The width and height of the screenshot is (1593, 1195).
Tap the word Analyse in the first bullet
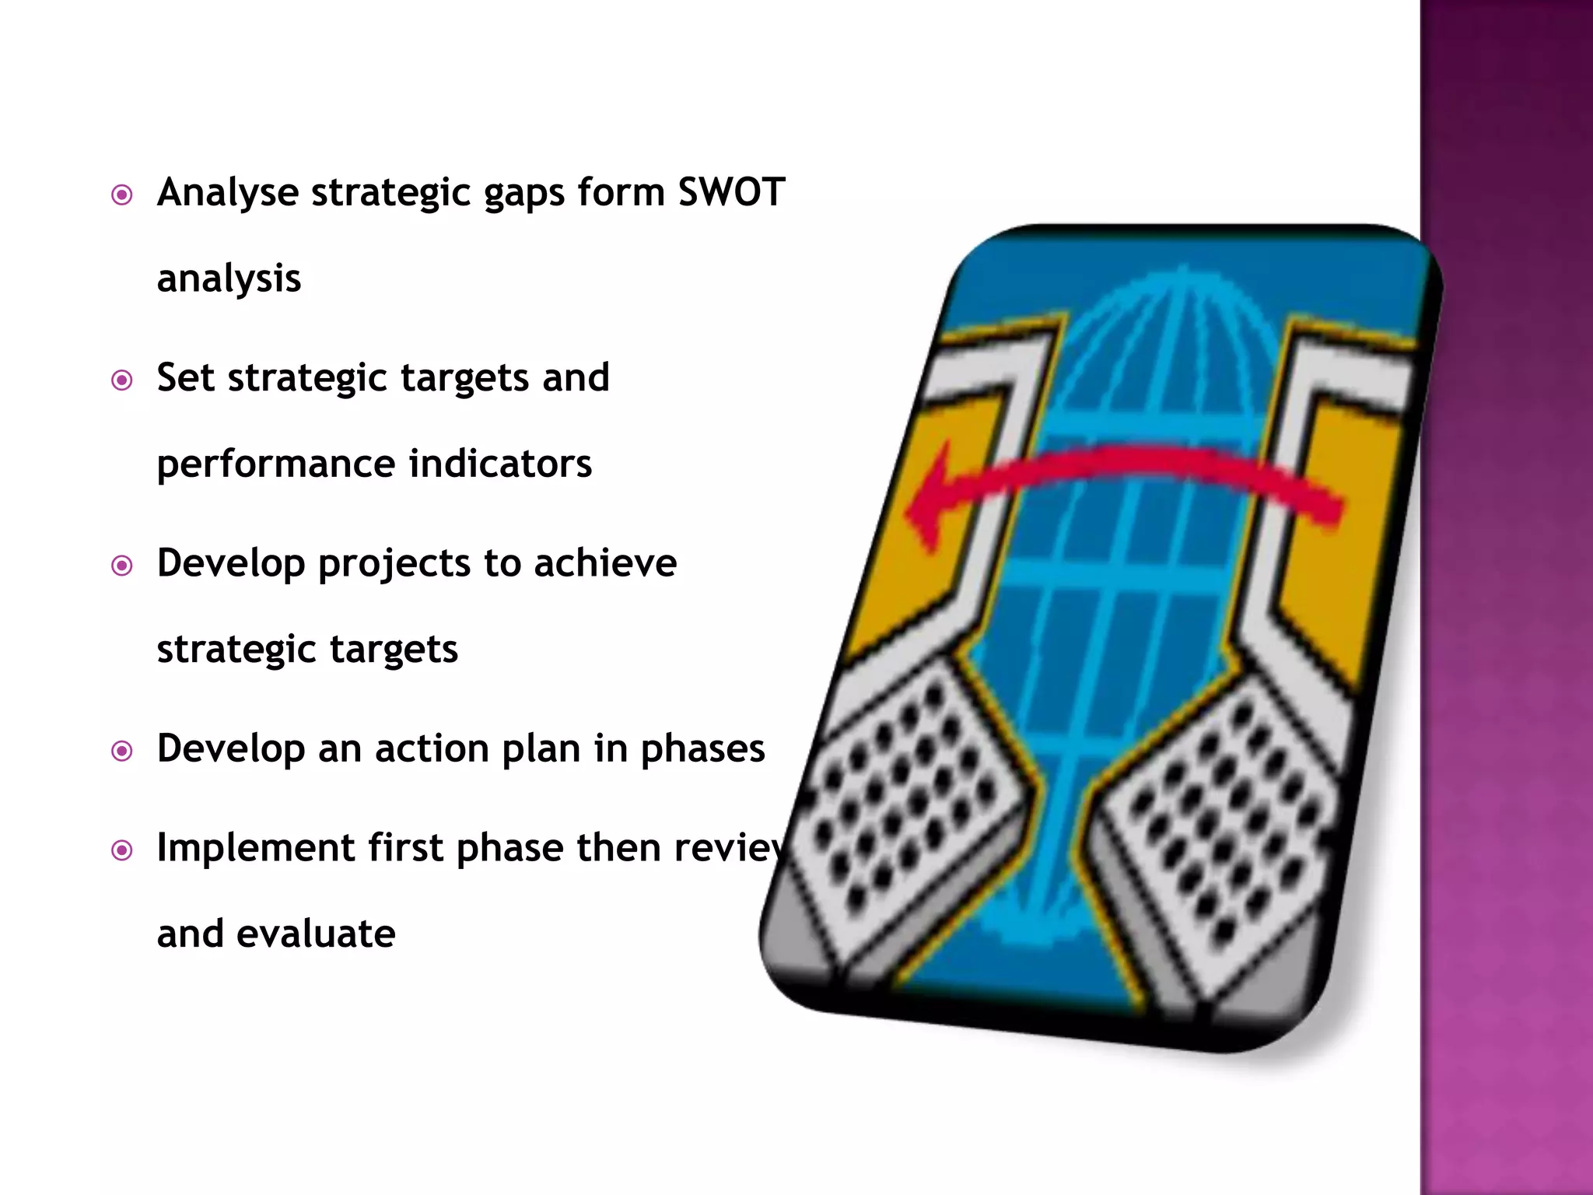point(227,193)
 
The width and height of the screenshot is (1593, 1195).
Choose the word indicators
point(500,464)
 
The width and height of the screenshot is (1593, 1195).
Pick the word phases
point(702,750)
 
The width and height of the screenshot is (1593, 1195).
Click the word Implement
point(255,848)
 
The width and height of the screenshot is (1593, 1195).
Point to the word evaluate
point(316,934)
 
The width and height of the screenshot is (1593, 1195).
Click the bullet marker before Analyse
point(122,194)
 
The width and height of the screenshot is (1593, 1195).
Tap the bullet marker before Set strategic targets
point(122,380)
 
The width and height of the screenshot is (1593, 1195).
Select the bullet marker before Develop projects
point(122,566)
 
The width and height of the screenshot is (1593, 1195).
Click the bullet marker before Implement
point(122,850)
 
